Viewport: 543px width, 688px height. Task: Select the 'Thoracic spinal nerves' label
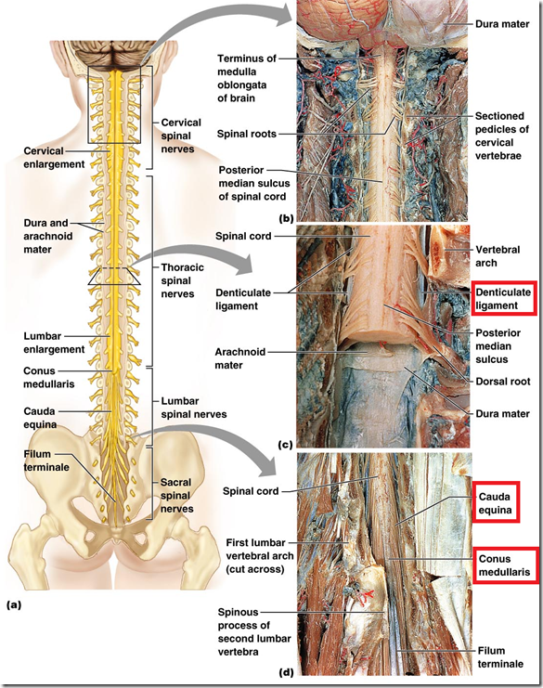[x=184, y=279]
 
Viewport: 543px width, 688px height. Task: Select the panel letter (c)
[x=285, y=444]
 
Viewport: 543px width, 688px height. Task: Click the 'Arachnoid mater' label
[x=241, y=358]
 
